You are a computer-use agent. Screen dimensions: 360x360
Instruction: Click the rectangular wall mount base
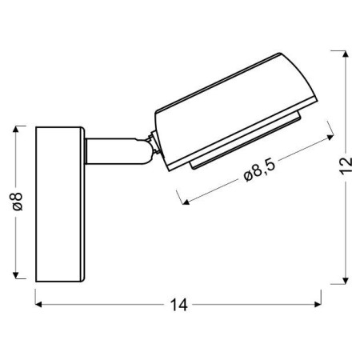[61, 204]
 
